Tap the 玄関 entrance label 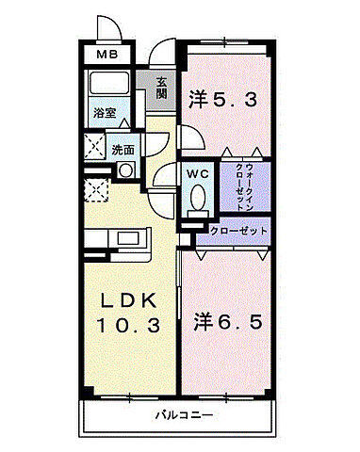[162, 89]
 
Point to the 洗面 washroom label [123, 149]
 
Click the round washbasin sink [124, 170]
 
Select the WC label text [197, 173]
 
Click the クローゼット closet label [238, 231]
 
